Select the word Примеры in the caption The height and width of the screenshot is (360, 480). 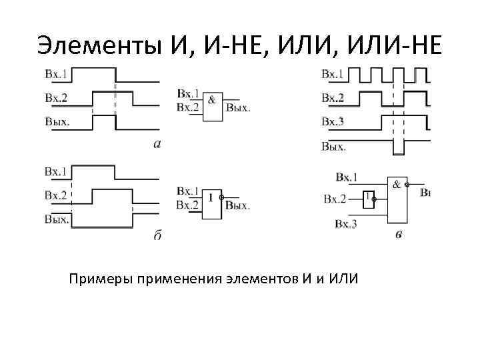[x=100, y=278]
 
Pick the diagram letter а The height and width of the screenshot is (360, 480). [x=157, y=143]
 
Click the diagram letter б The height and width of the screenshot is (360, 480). [x=157, y=235]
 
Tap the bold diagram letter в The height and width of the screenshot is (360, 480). [x=398, y=234]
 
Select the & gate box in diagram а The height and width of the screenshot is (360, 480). [x=212, y=106]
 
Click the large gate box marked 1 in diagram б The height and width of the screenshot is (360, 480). [x=211, y=201]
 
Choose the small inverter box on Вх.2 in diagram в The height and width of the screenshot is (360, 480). [x=368, y=198]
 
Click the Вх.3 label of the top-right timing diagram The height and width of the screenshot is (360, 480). [x=333, y=121]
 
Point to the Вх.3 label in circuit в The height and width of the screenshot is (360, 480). [x=346, y=224]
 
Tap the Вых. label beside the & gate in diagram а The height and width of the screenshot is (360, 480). [x=238, y=107]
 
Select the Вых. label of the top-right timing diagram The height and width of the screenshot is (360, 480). [x=333, y=146]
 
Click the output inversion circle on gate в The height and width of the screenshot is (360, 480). [x=408, y=185]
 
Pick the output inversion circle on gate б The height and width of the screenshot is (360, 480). [x=224, y=199]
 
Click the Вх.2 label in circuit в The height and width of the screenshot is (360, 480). [x=335, y=198]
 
